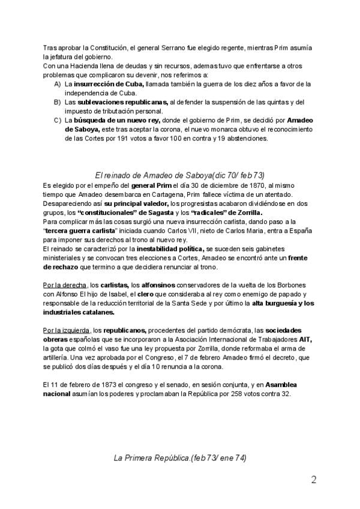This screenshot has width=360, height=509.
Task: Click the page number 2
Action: click(314, 480)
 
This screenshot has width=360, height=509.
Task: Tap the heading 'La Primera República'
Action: click(179, 458)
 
